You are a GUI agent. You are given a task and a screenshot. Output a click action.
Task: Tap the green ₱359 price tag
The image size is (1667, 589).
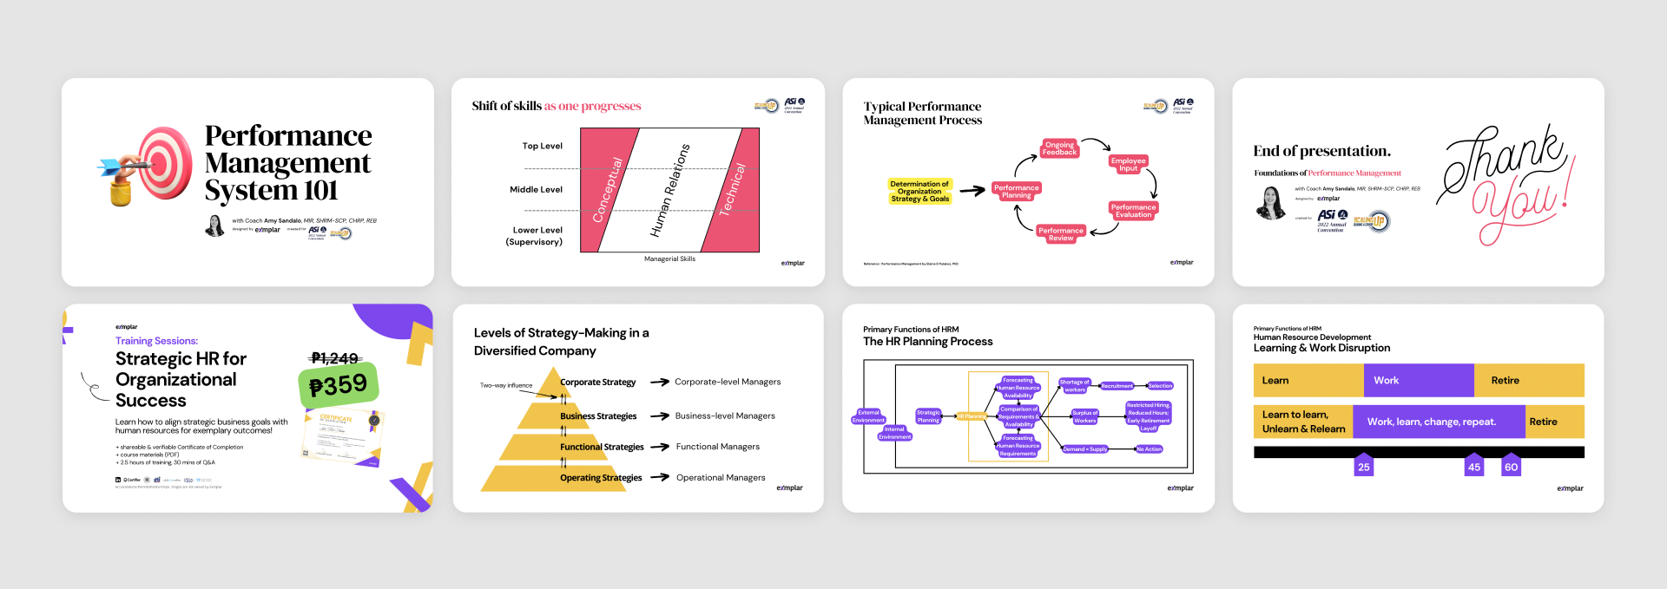point(339,385)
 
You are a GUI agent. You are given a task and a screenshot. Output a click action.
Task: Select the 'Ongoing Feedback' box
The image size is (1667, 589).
point(1059,148)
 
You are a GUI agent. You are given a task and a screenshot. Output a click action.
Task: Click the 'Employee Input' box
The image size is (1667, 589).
point(1128,164)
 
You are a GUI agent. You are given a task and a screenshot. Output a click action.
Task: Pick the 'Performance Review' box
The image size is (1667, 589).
point(1061,234)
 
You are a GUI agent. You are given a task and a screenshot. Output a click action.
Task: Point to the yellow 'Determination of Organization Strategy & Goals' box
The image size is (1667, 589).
point(919,192)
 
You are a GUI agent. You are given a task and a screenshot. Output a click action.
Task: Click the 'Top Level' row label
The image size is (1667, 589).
point(542,146)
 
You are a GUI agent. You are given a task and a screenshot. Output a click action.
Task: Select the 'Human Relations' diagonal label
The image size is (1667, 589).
point(670,191)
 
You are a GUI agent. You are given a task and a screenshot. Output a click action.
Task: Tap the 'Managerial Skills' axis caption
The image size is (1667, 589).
point(669,259)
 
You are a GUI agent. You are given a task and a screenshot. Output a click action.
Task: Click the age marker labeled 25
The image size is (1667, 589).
point(1364,466)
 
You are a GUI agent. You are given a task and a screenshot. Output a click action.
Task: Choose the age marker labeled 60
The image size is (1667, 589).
point(1511,466)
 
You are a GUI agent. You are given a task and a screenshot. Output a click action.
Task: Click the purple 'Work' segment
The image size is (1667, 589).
point(1418,380)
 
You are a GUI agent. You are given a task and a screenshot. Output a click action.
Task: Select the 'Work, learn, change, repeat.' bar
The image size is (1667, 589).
point(1438,422)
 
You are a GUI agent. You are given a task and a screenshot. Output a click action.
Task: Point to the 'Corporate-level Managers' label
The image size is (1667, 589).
point(728,382)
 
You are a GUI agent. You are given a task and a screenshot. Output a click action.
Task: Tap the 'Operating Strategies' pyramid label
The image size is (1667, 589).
point(601,478)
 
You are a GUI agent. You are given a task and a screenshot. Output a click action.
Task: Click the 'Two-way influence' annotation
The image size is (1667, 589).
point(506,385)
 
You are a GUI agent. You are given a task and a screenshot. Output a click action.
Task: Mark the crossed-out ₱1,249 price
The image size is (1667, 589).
point(334,358)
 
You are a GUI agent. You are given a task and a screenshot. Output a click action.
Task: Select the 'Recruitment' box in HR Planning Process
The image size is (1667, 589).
point(1117,386)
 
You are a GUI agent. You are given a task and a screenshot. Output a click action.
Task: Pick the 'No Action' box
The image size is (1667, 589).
point(1150,449)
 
